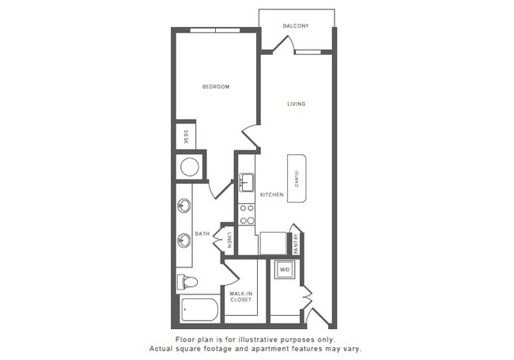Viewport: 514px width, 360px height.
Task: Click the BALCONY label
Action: (296, 26)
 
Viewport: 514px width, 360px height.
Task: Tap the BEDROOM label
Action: (215, 86)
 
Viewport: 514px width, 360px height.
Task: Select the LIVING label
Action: (297, 104)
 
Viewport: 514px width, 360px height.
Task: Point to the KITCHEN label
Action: (271, 194)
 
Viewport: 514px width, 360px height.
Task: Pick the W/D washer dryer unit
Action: (285, 271)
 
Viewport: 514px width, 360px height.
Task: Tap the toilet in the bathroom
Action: (187, 282)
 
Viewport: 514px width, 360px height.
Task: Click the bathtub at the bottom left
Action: (201, 309)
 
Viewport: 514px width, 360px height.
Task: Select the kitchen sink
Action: (247, 183)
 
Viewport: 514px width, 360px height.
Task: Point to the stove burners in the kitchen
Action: (247, 214)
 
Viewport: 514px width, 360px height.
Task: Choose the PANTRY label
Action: (296, 244)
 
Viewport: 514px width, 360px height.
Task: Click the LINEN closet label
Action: (229, 239)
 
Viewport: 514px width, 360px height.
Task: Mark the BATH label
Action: (202, 233)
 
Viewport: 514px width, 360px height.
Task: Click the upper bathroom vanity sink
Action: (183, 206)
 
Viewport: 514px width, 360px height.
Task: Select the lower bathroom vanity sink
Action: (183, 238)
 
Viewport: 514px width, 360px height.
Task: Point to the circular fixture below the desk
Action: (190, 167)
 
